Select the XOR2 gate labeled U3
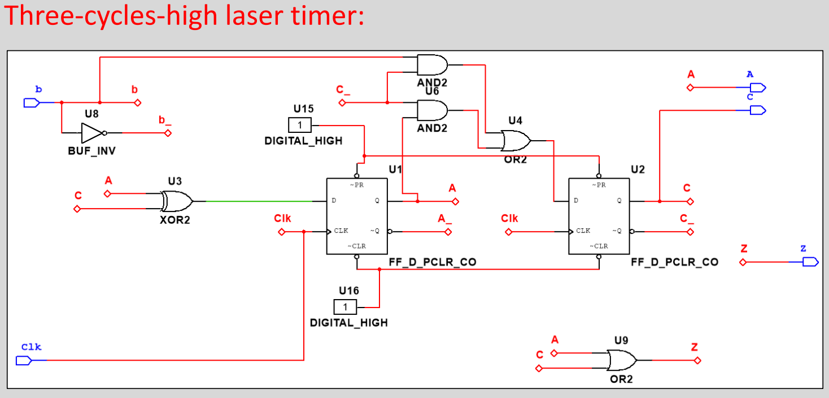176,201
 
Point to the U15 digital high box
299,124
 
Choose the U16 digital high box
345,307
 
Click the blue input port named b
31,103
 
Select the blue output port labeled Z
810,262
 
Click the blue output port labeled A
757,88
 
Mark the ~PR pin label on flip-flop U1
356,185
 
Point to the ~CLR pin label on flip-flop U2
599,246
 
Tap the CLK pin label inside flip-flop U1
341,231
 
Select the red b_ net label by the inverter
164,121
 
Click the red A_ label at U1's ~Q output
445,219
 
